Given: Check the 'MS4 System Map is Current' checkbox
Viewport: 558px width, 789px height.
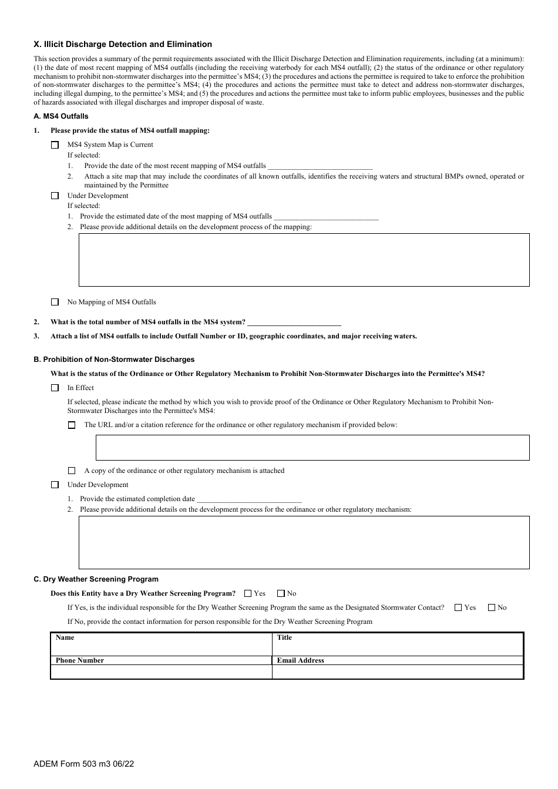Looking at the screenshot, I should pyautogui.click(x=55, y=145).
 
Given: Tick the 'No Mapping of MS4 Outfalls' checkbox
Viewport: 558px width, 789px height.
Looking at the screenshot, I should pyautogui.click(x=55, y=302).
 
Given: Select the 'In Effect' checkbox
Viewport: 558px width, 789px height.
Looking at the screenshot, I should pyautogui.click(x=55, y=388).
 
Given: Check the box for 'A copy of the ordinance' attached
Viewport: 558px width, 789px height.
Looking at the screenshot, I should pyautogui.click(x=72, y=471).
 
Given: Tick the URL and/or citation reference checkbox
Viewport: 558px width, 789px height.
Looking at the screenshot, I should pyautogui.click(x=72, y=425).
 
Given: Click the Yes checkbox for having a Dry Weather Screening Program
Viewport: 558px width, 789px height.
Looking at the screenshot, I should pyautogui.click(x=248, y=593).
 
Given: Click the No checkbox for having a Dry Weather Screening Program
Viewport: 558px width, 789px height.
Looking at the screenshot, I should pyautogui.click(x=281, y=593).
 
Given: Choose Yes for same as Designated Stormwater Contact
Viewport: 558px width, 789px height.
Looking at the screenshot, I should pyautogui.click(x=458, y=607).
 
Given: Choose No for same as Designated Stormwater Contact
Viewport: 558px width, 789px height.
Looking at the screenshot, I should pyautogui.click(x=492, y=607).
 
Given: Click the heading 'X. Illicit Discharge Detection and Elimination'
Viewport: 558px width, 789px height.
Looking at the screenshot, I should pyautogui.click(x=123, y=44).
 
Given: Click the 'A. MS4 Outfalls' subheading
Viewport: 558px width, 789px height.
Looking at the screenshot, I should pyautogui.click(x=61, y=116).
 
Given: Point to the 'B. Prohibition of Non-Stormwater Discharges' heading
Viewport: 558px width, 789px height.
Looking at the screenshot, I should pyautogui.click(x=114, y=360).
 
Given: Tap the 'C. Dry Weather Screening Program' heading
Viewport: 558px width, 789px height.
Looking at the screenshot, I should pyautogui.click(x=96, y=579).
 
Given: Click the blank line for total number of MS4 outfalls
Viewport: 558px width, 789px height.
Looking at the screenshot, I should pyautogui.click(x=294, y=323).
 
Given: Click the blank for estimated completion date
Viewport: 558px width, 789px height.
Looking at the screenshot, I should pyautogui.click(x=249, y=499).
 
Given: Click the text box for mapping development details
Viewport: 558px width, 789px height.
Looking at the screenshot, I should pyautogui.click(x=304, y=260).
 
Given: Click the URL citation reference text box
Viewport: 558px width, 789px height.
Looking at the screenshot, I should pyautogui.click(x=312, y=448).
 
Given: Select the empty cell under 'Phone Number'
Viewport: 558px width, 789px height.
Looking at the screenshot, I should pyautogui.click(x=162, y=672).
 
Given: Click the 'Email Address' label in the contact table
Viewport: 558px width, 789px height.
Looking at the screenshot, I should pyautogui.click(x=301, y=660).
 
